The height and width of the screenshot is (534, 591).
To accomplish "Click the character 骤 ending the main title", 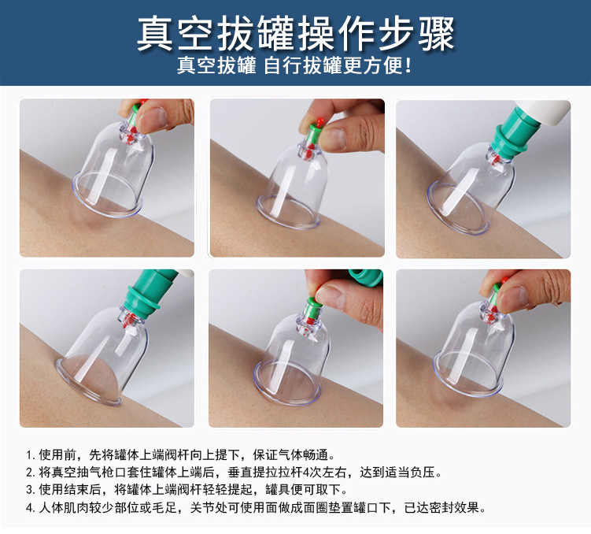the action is pyautogui.click(x=436, y=34).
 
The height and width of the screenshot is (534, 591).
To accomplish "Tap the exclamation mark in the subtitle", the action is pyautogui.click(x=408, y=65).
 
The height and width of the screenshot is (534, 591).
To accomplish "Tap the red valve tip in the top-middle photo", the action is pyautogui.click(x=320, y=121).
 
